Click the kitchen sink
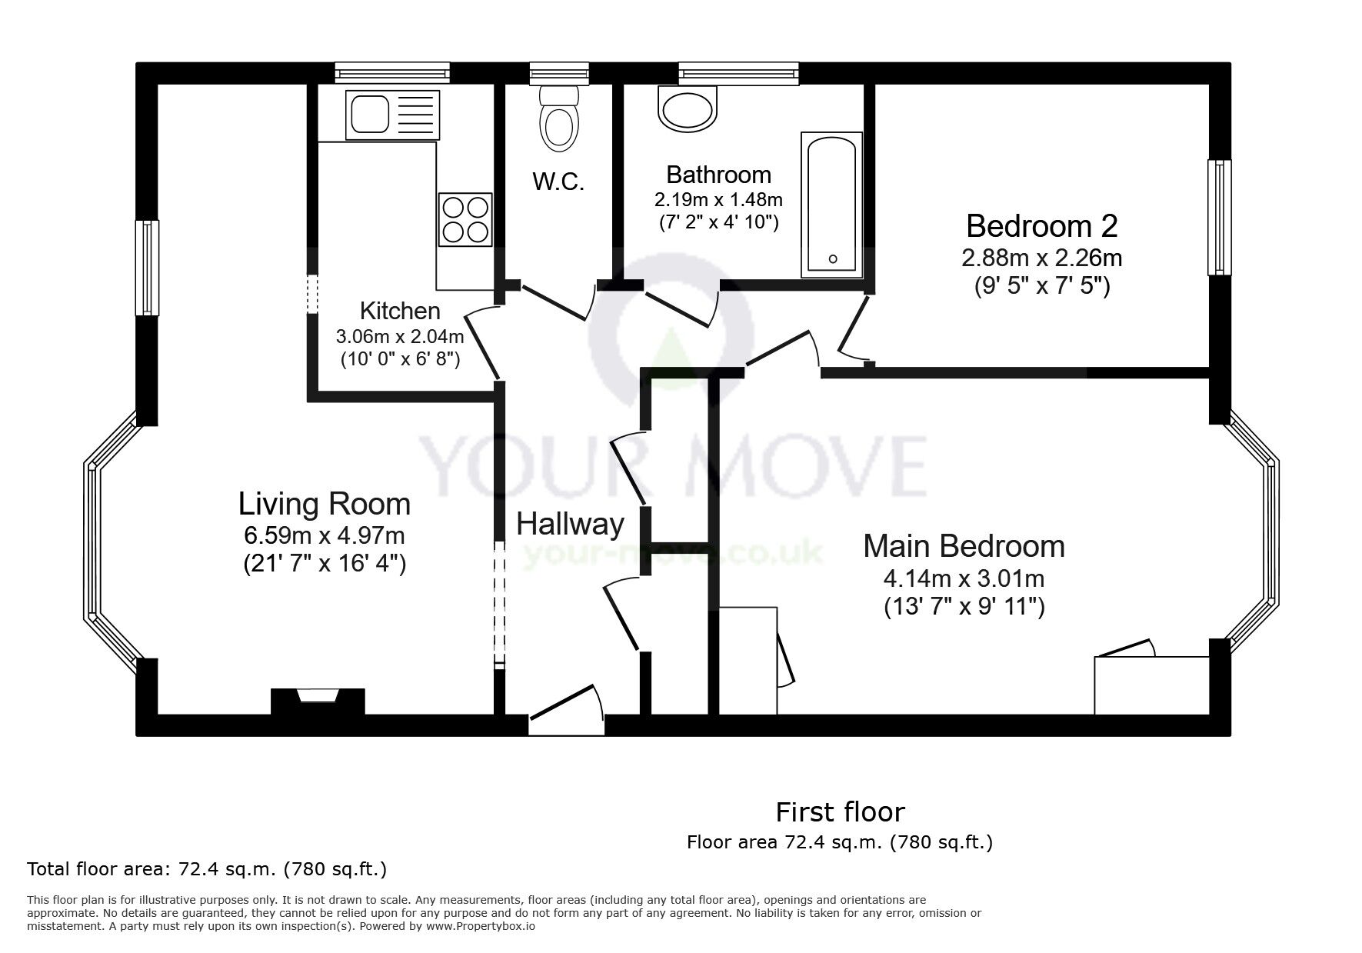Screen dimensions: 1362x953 (393, 115)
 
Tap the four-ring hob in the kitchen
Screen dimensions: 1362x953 (465, 219)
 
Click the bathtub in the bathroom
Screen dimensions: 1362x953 (831, 204)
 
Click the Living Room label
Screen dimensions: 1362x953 (325, 504)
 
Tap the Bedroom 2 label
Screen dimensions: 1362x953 (1042, 225)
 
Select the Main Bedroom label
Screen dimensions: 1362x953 (964, 545)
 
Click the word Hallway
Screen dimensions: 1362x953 (570, 525)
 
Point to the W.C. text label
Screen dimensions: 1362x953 (559, 182)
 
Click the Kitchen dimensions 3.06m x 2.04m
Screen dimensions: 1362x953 (400, 336)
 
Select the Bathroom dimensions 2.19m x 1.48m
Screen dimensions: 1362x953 (718, 200)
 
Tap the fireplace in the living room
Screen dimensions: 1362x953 (318, 701)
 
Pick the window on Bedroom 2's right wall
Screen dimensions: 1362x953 (1219, 217)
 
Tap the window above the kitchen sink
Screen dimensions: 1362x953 (392, 74)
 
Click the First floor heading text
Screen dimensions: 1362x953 (840, 811)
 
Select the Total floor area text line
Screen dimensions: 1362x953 (207, 869)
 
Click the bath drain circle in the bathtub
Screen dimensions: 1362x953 (832, 259)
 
